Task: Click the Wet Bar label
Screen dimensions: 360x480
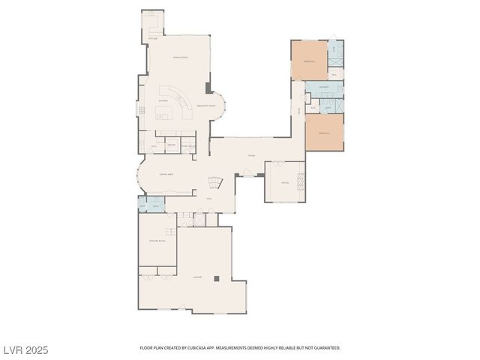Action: click(153, 37)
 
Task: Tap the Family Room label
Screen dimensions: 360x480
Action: click(180, 57)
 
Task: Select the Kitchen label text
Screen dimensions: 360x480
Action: click(163, 100)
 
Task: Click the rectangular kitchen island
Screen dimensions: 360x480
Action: click(165, 113)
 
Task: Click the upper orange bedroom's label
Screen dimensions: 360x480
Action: click(309, 61)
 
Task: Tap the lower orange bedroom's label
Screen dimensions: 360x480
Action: click(324, 132)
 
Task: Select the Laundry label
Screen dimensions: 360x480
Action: click(324, 88)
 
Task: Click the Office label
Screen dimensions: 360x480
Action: click(284, 182)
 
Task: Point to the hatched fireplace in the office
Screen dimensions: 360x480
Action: click(301, 182)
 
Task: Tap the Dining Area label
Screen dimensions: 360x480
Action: click(166, 174)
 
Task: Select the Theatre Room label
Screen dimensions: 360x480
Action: click(157, 241)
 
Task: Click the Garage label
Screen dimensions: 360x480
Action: click(197, 277)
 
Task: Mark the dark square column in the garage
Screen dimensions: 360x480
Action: click(216, 278)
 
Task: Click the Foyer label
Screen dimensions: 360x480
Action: click(251, 155)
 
